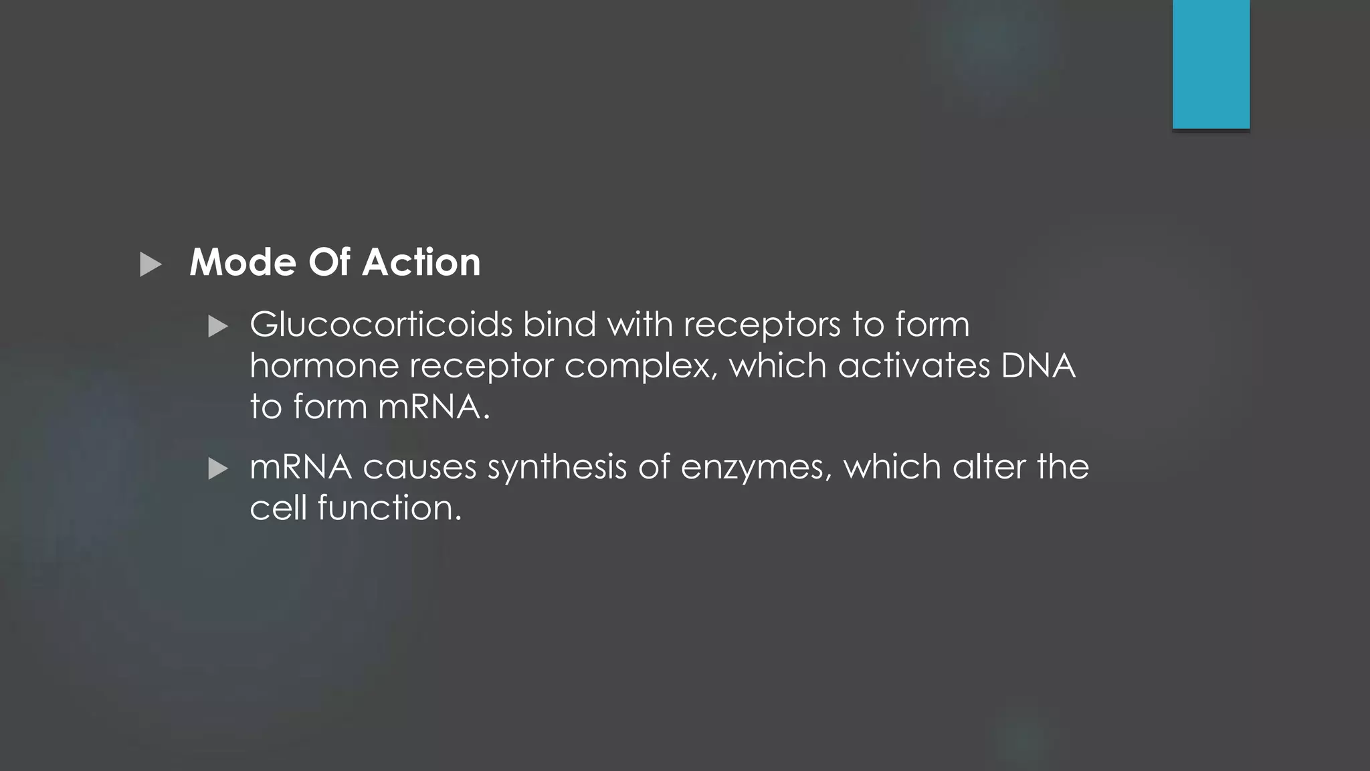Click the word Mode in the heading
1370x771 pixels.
(x=243, y=262)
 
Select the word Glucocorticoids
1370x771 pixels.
(x=381, y=325)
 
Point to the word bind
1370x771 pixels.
(x=559, y=325)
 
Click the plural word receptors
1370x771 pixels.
(x=762, y=325)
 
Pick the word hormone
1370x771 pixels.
(x=324, y=367)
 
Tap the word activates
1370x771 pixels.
(x=914, y=367)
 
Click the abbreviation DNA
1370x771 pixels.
(x=1038, y=367)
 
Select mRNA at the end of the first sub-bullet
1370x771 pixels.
(x=429, y=408)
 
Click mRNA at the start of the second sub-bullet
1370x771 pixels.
(x=300, y=467)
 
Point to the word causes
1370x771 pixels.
(x=419, y=467)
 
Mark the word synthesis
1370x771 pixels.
(x=557, y=467)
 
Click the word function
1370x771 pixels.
(x=389, y=509)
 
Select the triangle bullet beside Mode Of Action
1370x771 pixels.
(x=151, y=264)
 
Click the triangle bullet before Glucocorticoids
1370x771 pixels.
(x=218, y=327)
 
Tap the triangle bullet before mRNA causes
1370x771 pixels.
(x=218, y=469)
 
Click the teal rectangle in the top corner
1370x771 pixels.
(x=1211, y=64)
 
